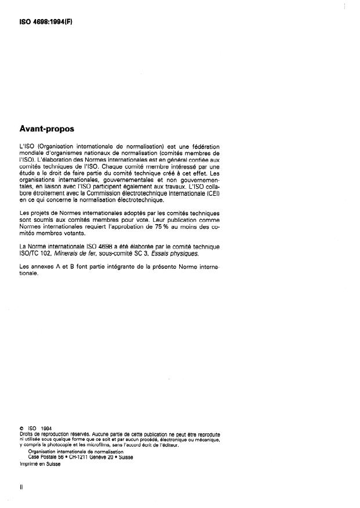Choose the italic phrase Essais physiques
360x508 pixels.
click(x=178, y=253)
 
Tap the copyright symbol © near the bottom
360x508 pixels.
click(x=22, y=429)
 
